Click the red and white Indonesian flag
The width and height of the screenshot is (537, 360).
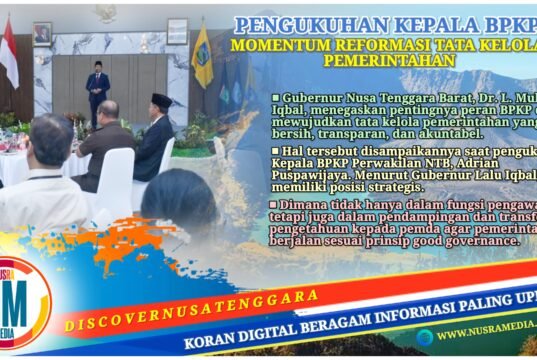(x=9, y=55)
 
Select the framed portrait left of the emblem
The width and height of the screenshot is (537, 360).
(x=42, y=33)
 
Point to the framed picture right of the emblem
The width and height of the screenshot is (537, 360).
(x=178, y=31)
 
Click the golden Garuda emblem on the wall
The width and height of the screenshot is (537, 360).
(x=106, y=13)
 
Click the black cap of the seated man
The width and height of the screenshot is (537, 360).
(x=161, y=100)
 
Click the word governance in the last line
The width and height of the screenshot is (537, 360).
(x=463, y=241)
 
